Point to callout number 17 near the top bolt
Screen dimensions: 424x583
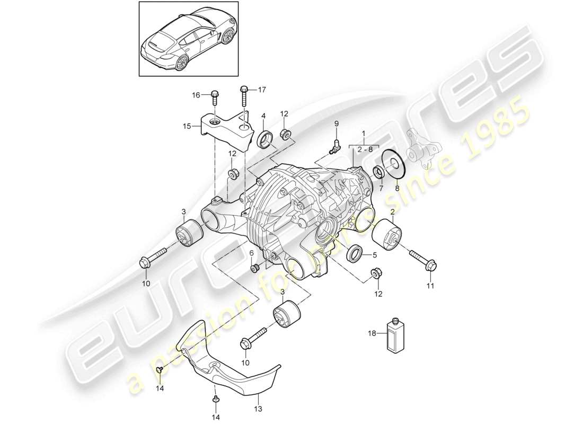point(262,90)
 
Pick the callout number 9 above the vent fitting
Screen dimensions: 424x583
point(335,123)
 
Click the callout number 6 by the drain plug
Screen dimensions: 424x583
point(251,254)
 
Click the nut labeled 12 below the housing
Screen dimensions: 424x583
point(375,273)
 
